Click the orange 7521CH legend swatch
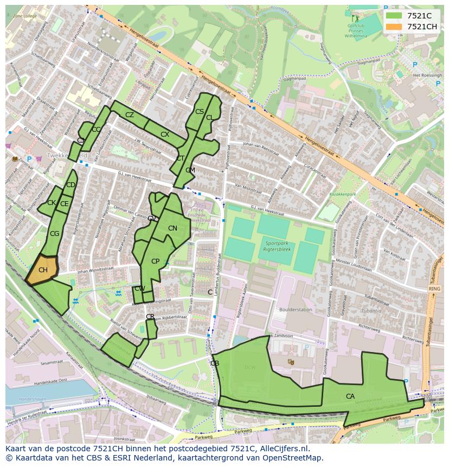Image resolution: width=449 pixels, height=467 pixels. [x=394, y=27]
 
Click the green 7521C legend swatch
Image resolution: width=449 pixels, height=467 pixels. [x=394, y=16]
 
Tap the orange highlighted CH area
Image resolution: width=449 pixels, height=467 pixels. [x=43, y=270]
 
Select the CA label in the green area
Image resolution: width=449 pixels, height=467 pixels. [x=350, y=396]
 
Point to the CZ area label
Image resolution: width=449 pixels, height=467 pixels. [x=130, y=115]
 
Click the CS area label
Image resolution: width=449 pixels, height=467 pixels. [x=199, y=112]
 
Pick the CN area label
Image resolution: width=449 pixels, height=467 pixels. [x=172, y=228]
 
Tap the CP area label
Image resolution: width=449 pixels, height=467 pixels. [x=155, y=261]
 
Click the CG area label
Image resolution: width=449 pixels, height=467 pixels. [x=54, y=234]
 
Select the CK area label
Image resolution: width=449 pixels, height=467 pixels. [x=52, y=203]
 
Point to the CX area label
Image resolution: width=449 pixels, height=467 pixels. [x=165, y=135]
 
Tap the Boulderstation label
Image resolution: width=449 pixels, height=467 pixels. [x=296, y=310]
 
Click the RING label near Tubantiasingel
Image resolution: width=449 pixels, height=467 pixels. [x=434, y=289]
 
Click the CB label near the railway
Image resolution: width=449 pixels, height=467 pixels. [x=214, y=363]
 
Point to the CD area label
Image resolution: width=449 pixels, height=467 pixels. [x=70, y=185]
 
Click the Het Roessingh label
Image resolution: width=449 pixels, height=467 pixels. [x=428, y=75]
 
